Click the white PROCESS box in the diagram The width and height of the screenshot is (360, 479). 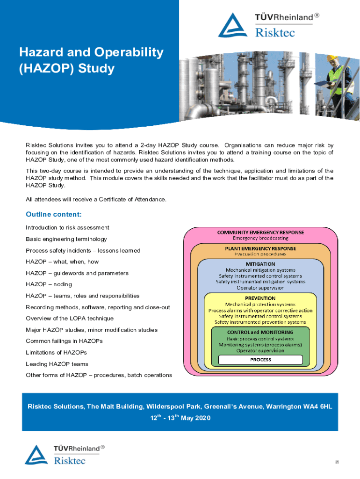pyautogui.click(x=260, y=360)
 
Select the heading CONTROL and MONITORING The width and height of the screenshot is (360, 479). pyautogui.click(x=260, y=332)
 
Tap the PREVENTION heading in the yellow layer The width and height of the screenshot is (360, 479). pyautogui.click(x=260, y=298)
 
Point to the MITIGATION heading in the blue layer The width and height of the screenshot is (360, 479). pyautogui.click(x=260, y=264)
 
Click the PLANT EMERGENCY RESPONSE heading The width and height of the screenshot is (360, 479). pyautogui.click(x=260, y=248)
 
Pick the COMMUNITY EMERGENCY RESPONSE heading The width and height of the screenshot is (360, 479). pyautogui.click(x=260, y=232)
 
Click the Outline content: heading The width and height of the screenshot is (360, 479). pyautogui.click(x=54, y=214)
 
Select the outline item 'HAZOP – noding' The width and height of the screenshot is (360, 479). pyautogui.click(x=49, y=284)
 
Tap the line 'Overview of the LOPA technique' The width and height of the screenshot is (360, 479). pyautogui.click(x=70, y=319)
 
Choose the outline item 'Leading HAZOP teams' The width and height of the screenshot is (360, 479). pyautogui.click(x=57, y=364)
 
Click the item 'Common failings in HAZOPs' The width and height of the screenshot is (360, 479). pyautogui.click(x=64, y=341)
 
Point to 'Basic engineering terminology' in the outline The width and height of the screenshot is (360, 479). pyautogui.click(x=66, y=239)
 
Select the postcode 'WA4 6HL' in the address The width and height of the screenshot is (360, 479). pyautogui.click(x=318, y=407)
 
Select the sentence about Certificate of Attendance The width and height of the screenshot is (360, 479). pyautogui.click(x=96, y=200)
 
